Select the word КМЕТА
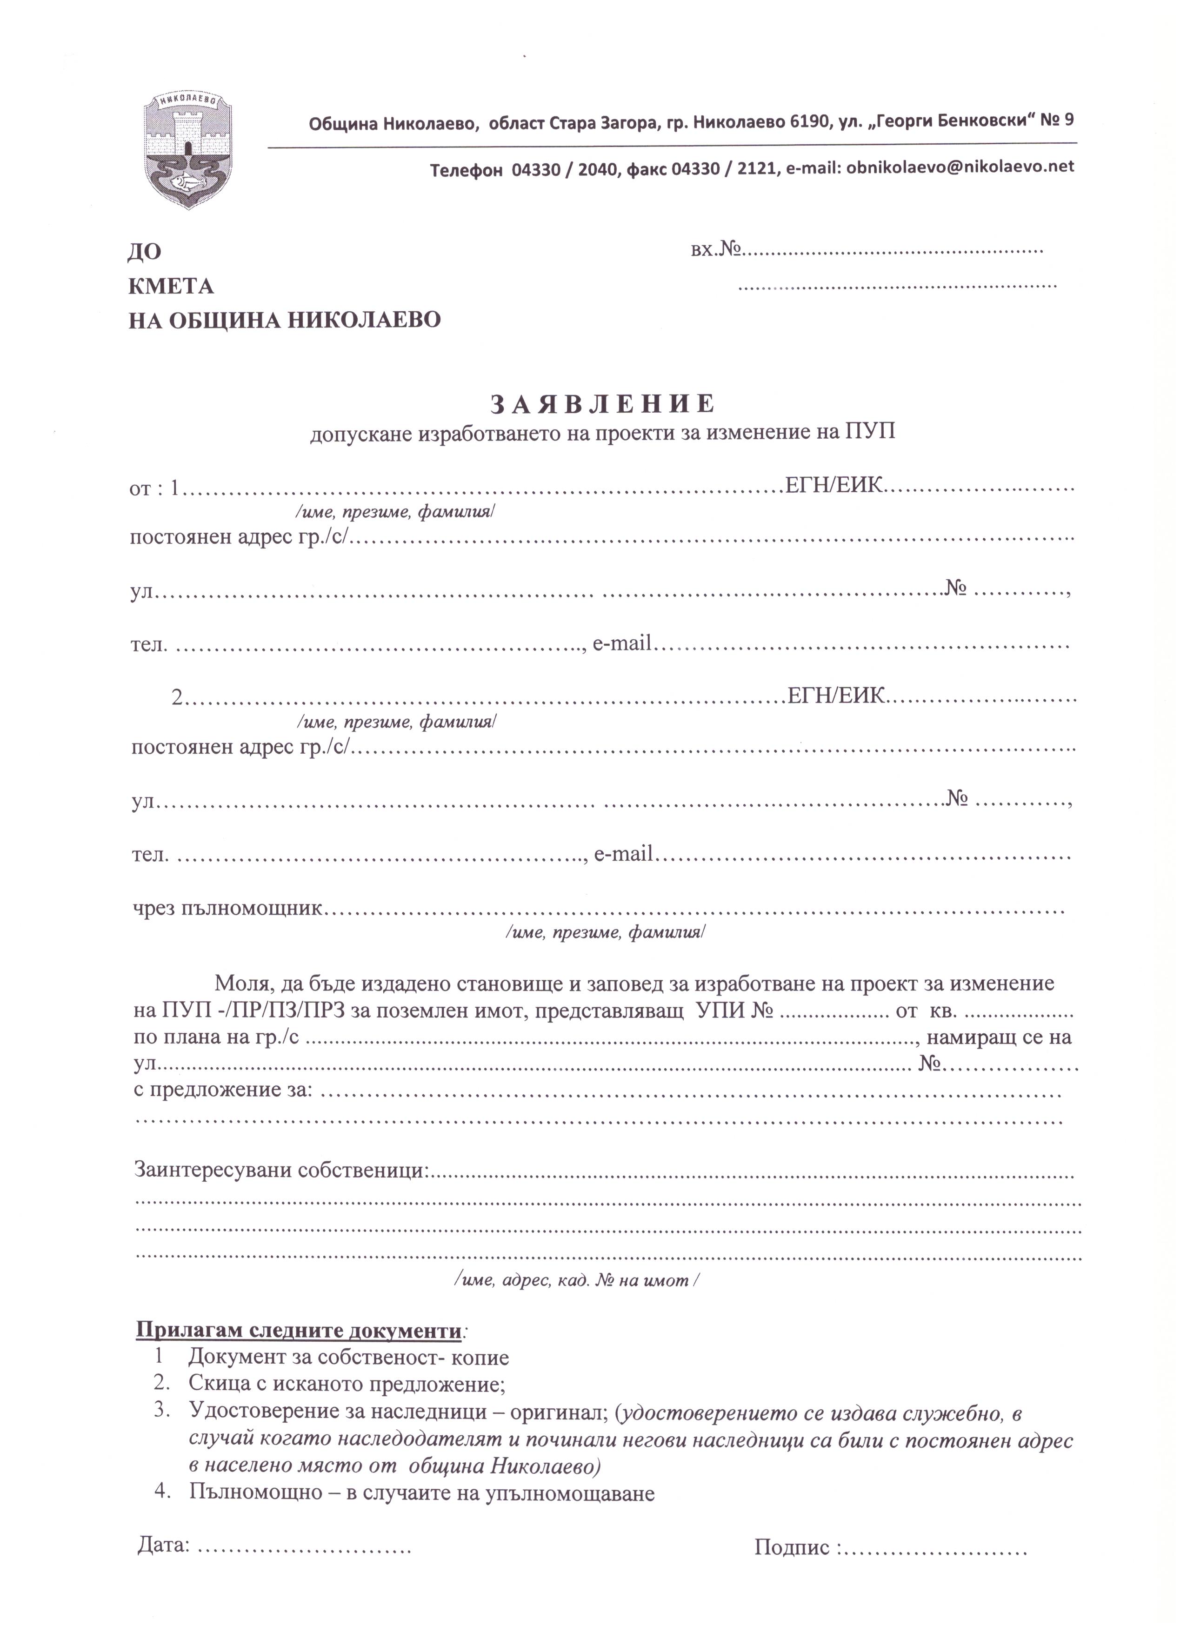pos(171,287)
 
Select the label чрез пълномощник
pos(227,909)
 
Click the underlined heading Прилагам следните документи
pos(298,1330)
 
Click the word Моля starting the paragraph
pos(240,984)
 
